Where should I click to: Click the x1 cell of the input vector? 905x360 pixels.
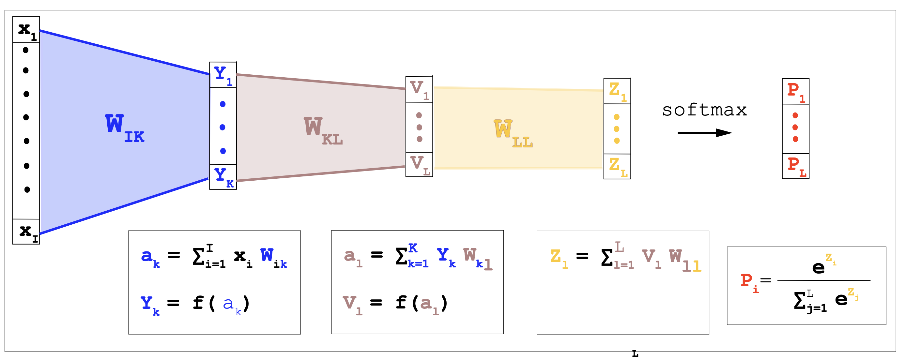tap(26, 30)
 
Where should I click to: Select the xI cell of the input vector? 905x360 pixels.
tap(26, 232)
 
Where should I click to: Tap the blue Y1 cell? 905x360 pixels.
tap(223, 75)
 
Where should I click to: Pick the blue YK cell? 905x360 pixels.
tap(223, 177)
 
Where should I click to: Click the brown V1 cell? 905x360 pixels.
tap(419, 90)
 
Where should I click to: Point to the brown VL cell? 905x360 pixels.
tap(419, 164)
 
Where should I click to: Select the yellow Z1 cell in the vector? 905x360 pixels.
tap(617, 91)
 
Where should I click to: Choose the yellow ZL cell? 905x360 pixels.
tap(617, 167)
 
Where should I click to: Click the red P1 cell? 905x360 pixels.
tap(795, 92)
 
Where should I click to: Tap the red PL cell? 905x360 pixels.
tap(795, 166)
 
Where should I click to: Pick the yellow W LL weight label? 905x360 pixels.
tap(513, 133)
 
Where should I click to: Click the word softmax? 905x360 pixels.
tap(704, 110)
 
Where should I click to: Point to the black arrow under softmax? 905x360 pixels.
tap(704, 133)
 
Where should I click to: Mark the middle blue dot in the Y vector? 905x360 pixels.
tap(222, 127)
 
